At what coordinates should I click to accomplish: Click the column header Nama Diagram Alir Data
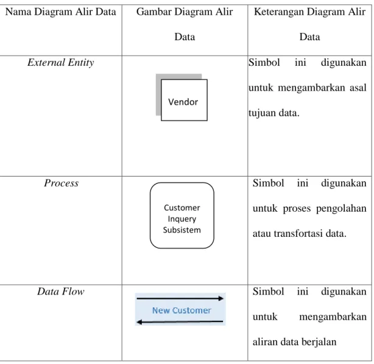click(60, 12)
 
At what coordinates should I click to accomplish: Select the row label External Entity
click(60, 63)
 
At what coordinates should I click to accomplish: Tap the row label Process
click(61, 183)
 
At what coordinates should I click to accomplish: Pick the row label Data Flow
click(60, 292)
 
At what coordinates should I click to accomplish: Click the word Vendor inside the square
click(183, 102)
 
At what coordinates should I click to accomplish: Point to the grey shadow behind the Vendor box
click(158, 96)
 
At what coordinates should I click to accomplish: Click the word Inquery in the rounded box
click(182, 219)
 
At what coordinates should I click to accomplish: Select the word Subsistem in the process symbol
click(182, 230)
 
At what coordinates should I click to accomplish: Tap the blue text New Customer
click(182, 310)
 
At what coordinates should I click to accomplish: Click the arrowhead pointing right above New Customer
click(221, 298)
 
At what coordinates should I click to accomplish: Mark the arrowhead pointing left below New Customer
click(139, 322)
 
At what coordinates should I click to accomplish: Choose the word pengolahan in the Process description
click(341, 209)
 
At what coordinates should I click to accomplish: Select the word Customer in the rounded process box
click(182, 208)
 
